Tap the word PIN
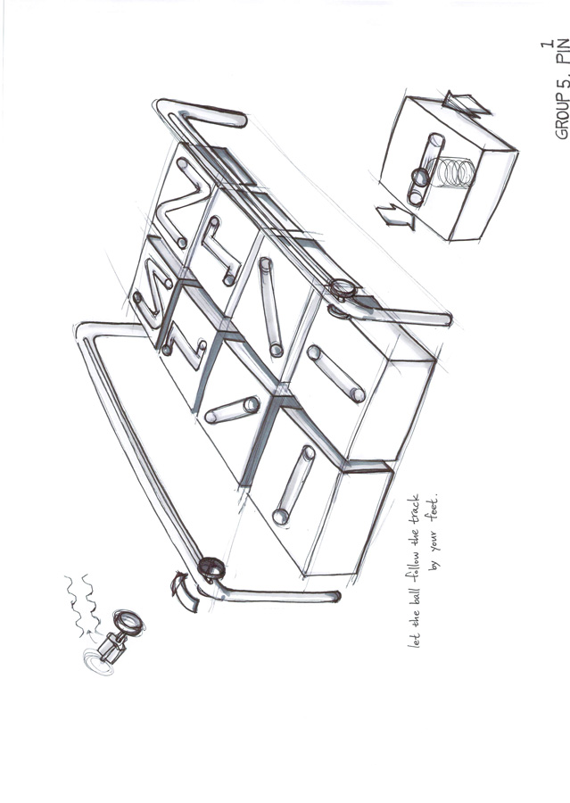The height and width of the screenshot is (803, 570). coord(562,52)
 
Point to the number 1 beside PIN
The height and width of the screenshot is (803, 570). coord(548,45)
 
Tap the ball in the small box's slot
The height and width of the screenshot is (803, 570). coord(421,177)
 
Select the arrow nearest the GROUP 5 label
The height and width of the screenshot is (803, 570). coord(466,104)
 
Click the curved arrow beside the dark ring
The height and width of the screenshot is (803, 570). coord(184,592)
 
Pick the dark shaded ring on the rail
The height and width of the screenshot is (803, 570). coord(211,567)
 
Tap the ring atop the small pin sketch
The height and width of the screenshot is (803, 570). coord(128,622)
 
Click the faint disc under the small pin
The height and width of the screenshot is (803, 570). coord(99,662)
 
